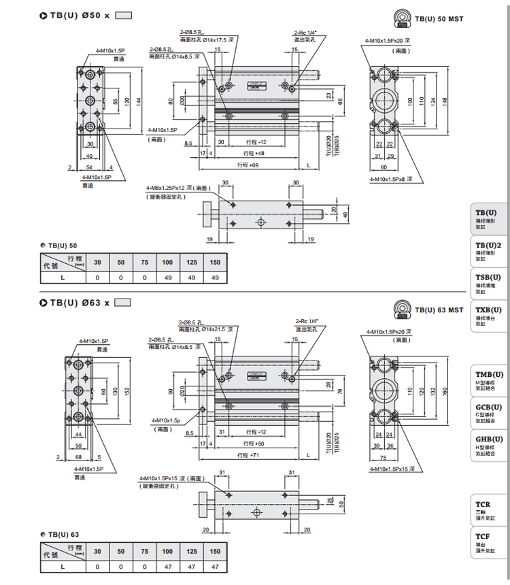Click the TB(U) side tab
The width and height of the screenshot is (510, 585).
pyautogui.click(x=489, y=219)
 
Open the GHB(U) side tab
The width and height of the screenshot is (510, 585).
pyautogui.click(x=489, y=446)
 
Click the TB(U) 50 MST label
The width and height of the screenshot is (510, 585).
pyautogui.click(x=439, y=19)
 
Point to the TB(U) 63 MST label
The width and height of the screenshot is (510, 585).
pyautogui.click(x=439, y=310)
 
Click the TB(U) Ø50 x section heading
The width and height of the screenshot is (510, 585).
pyautogui.click(x=79, y=15)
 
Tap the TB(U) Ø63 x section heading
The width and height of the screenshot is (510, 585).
pyautogui.click(x=79, y=302)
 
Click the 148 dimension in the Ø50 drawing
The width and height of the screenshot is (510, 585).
pyautogui.click(x=444, y=100)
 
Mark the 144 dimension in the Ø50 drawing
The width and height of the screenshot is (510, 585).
pyautogui.click(x=139, y=101)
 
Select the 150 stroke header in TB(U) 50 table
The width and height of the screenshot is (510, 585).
pyautogui.click(x=215, y=262)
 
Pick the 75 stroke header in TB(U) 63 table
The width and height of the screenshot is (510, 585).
pyautogui.click(x=144, y=551)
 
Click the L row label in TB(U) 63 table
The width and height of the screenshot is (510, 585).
pyautogui.click(x=63, y=566)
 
